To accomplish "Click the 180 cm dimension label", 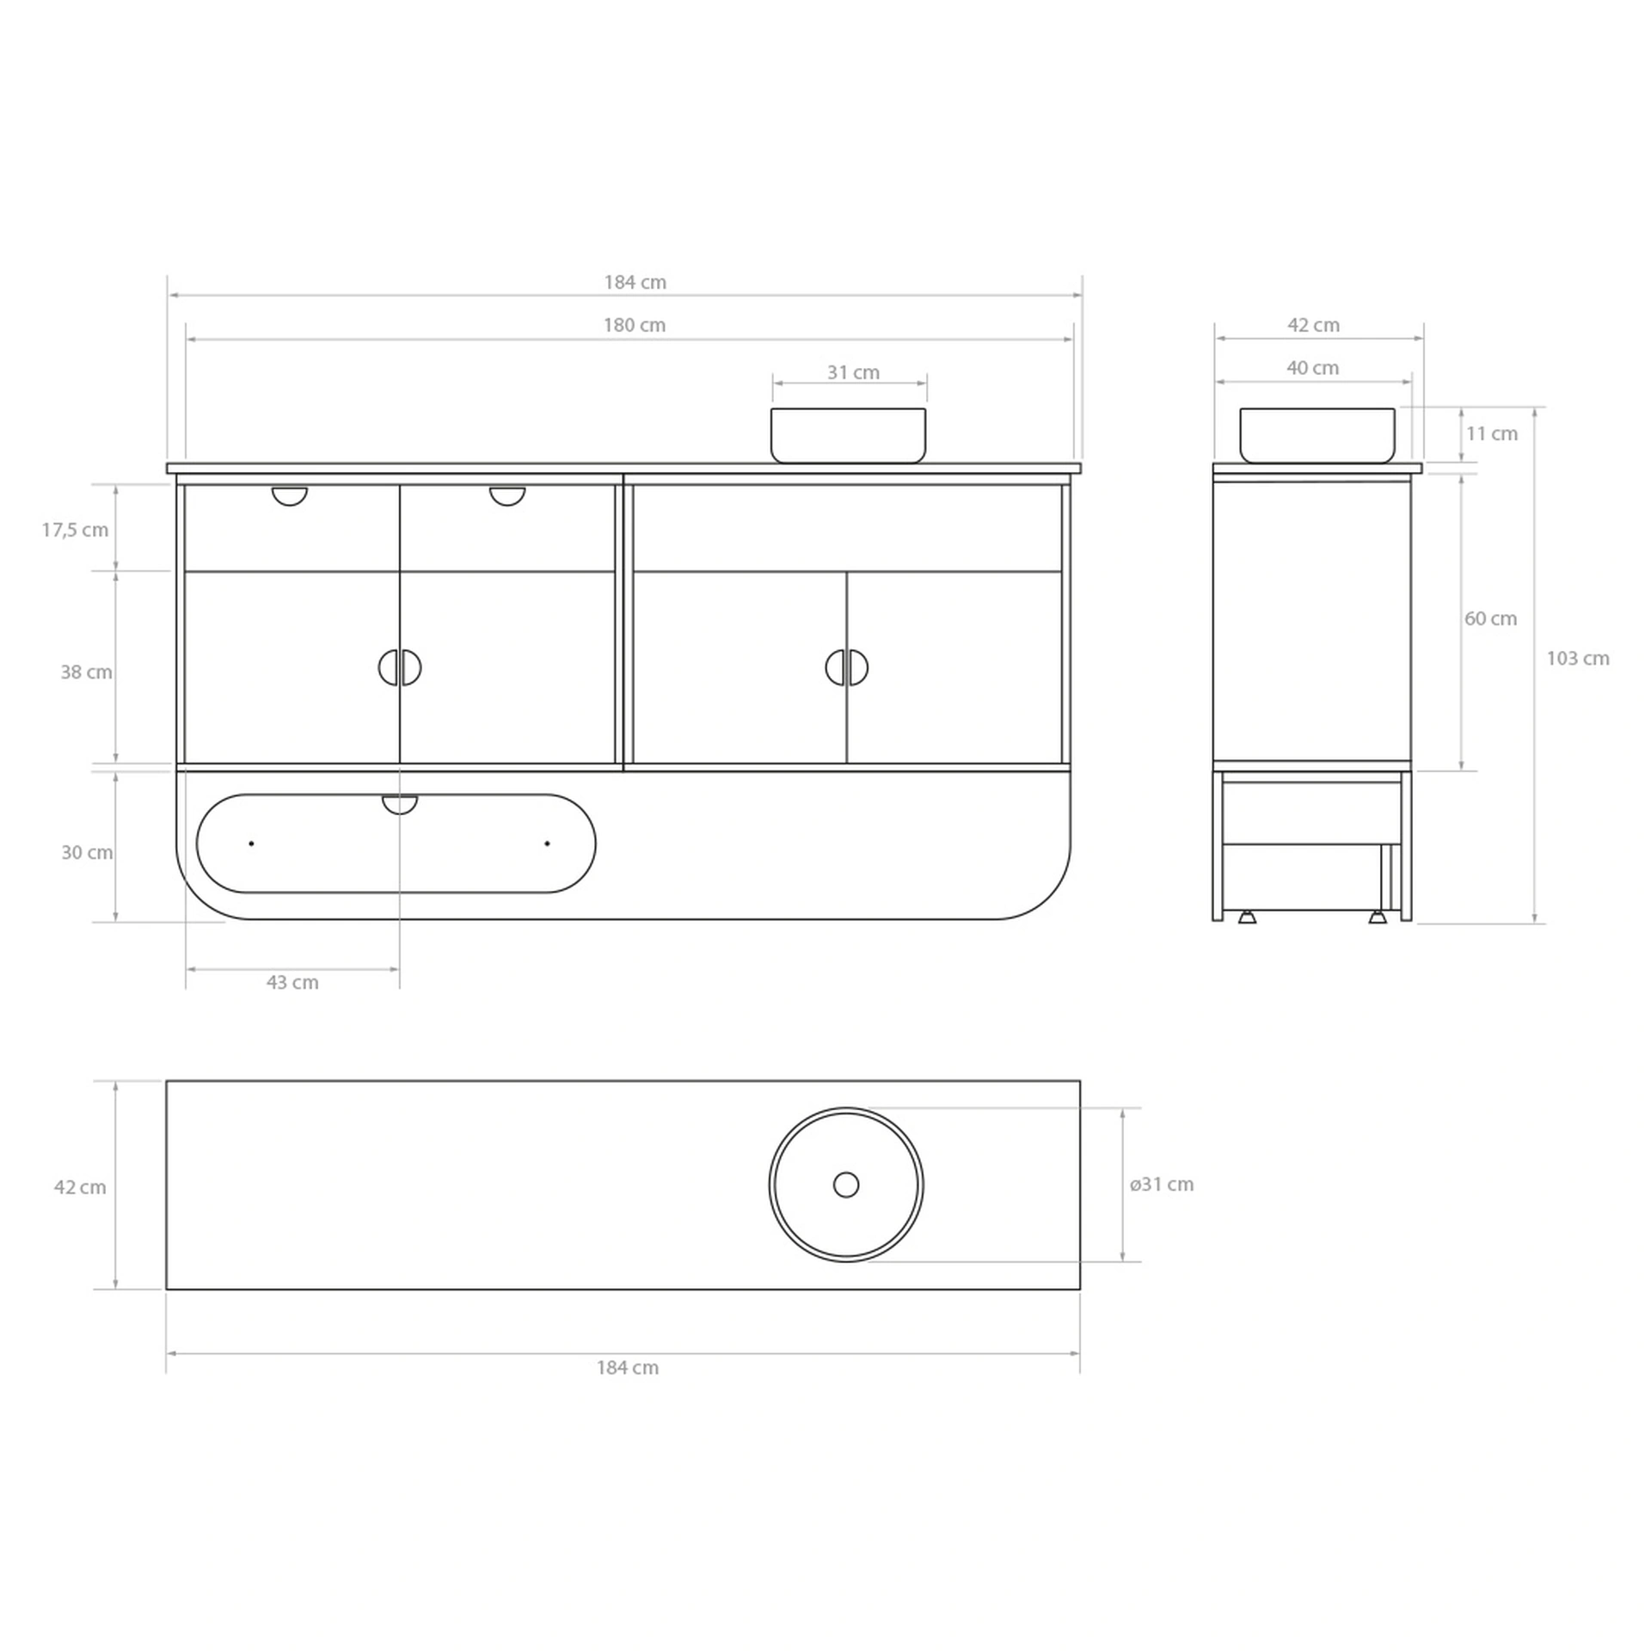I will [634, 325].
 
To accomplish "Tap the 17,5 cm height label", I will [76, 530].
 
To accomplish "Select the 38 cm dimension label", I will [86, 672].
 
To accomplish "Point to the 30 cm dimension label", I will [87, 852].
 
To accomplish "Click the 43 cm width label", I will [292, 982].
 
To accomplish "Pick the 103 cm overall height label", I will [1577, 659].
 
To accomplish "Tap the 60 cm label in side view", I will [1490, 618].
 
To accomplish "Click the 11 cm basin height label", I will [1491, 433].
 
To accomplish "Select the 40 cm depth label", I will [1312, 368].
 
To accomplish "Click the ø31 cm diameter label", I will [1161, 1184].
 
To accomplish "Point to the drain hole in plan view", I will [846, 1184].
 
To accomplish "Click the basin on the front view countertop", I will [848, 435].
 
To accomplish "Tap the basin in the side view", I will [1317, 435].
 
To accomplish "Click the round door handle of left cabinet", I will [400, 667].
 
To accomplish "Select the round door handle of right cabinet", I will [847, 667].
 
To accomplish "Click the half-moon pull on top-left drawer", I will [289, 494].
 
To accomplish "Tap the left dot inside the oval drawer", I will [251, 844].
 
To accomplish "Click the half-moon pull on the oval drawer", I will [400, 803].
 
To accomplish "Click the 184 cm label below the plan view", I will [627, 1367].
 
